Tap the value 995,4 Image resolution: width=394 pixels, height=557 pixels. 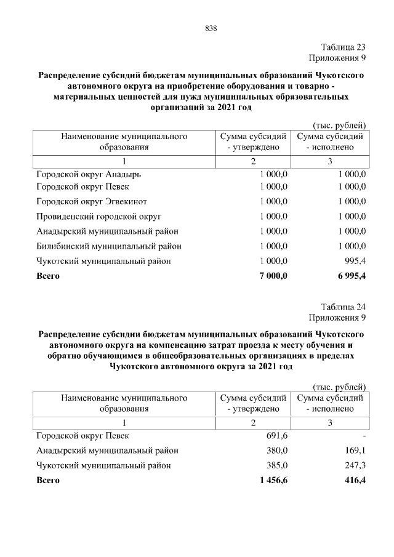(354, 261)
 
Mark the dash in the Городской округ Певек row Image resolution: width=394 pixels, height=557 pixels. (364, 436)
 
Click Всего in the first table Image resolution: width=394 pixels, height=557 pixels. (48, 276)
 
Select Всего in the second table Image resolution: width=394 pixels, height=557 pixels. (48, 480)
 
